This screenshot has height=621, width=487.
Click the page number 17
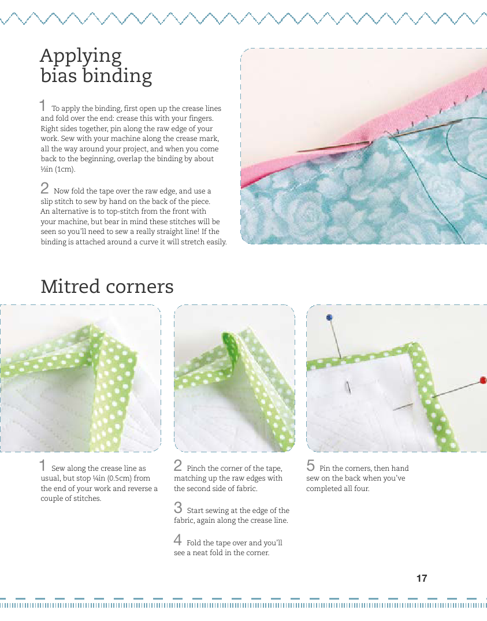[x=422, y=578]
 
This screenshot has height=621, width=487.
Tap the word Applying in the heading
[x=81, y=57]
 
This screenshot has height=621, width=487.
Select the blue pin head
[x=329, y=317]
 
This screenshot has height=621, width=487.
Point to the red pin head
[x=482, y=380]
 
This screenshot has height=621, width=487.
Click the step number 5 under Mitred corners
[x=311, y=466]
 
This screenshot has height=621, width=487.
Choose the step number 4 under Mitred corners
[x=178, y=540]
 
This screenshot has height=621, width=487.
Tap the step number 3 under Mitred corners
[x=178, y=507]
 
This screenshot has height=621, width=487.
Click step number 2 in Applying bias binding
[x=44, y=188]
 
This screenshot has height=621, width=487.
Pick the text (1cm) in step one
[x=64, y=169]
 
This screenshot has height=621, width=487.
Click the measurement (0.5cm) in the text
[x=118, y=478]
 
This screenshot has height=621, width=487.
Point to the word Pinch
[x=196, y=468]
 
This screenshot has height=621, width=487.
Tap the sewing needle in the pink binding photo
[x=380, y=135]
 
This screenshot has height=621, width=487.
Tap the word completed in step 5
[x=324, y=489]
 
